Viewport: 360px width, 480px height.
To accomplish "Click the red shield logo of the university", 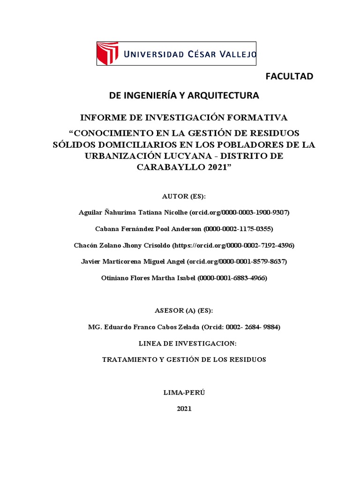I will coord(107,53).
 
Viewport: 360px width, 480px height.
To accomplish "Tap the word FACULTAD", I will coord(289,76).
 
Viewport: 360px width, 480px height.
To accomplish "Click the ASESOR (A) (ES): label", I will coord(184,311).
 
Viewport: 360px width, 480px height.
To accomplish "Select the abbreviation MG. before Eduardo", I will coord(94,327).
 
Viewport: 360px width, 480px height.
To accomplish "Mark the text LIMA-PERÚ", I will coord(184,392).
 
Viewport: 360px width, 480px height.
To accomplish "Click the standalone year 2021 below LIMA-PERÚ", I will coord(184,409).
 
